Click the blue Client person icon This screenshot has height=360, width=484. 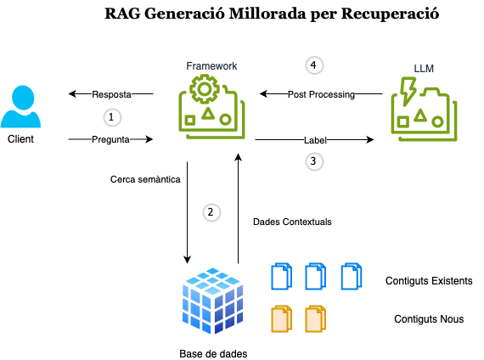20,106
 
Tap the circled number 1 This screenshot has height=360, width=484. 112,118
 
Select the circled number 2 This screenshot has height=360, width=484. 211,213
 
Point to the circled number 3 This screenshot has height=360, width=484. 314,161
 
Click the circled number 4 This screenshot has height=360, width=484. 314,65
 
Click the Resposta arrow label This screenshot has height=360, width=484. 111,94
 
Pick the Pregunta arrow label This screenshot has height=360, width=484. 110,139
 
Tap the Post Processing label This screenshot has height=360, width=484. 321,94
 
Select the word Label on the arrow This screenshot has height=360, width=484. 315,140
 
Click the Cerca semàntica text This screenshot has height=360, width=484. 145,179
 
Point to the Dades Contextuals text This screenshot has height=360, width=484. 292,222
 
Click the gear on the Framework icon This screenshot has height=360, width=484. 205,89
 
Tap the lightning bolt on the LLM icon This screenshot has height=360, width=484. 408,92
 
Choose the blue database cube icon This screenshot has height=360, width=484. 212,301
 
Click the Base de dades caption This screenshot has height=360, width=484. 213,354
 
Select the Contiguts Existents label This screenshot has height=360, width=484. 429,281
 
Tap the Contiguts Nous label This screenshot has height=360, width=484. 429,319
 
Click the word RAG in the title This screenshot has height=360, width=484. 122,14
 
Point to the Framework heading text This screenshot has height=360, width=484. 211,66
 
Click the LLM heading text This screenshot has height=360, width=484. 424,68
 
